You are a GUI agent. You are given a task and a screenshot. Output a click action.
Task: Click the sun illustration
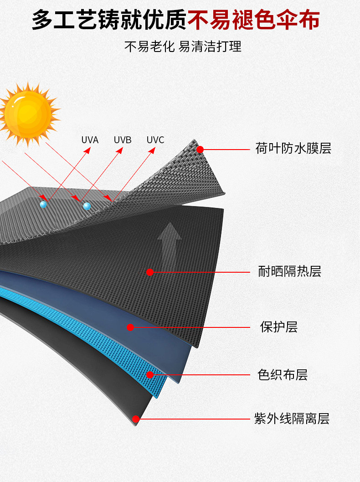tap(28, 114)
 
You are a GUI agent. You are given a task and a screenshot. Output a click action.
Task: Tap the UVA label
tap(90, 140)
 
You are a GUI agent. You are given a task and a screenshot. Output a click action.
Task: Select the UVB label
tap(123, 140)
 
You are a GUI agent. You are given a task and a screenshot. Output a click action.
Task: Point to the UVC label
tap(155, 140)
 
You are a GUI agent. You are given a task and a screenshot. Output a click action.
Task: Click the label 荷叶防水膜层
tap(293, 148)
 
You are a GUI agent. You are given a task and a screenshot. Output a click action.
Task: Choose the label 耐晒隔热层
tap(289, 272)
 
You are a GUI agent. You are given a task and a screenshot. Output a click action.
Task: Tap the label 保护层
tap(278, 327)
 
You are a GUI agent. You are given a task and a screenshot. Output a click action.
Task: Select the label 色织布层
tap(283, 375)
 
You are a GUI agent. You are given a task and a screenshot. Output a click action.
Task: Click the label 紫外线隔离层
tap(292, 419)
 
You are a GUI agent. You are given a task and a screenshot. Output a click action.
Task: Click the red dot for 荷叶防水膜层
tap(200, 149)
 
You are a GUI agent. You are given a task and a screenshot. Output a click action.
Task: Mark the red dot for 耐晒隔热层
tap(150, 272)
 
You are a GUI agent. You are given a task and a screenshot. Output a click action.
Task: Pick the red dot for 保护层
tap(130, 327)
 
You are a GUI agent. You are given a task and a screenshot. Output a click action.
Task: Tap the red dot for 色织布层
tap(150, 375)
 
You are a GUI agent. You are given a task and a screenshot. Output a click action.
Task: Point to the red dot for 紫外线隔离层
tap(136, 419)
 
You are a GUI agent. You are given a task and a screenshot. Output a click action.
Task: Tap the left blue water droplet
tap(43, 205)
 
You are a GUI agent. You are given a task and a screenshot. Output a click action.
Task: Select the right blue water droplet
tap(87, 206)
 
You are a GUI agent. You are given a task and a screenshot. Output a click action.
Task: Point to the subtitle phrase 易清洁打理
tap(210, 47)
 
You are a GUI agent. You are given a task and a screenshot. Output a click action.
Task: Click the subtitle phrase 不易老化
tap(149, 47)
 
